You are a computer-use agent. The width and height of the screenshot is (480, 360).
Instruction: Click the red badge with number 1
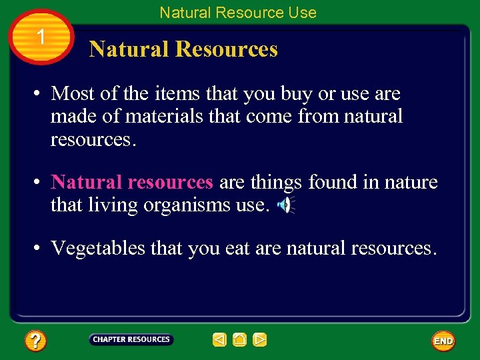[41, 37]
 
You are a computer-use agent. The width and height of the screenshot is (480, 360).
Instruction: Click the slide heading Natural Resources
[183, 49]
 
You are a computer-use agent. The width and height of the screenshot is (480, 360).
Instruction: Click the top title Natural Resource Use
[238, 12]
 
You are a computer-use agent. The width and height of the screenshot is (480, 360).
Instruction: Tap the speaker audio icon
[285, 206]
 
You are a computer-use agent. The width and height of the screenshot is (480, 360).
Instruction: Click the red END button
[443, 341]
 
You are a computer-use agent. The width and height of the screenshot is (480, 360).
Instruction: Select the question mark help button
[35, 341]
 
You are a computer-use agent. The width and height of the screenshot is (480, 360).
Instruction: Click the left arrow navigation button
[219, 340]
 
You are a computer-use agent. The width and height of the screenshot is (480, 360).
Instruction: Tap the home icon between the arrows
[240, 340]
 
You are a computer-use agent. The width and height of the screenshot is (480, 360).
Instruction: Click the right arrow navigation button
[260, 340]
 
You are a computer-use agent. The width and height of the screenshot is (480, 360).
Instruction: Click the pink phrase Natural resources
[132, 182]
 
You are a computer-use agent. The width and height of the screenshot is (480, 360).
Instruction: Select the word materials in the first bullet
[165, 117]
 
